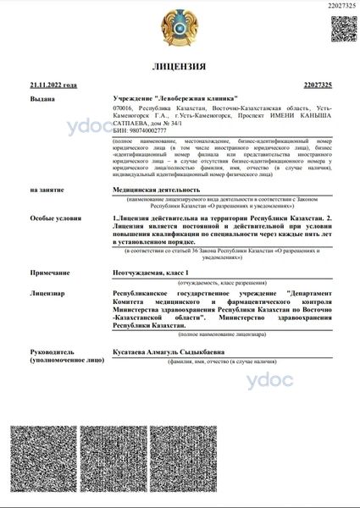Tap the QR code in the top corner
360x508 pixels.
pyautogui.click(x=342, y=29)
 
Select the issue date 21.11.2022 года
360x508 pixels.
pyautogui.click(x=53, y=86)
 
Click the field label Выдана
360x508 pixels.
pyautogui.click(x=42, y=99)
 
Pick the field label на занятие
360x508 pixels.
pyautogui.click(x=46, y=190)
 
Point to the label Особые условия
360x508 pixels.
pyautogui.click(x=50, y=218)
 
